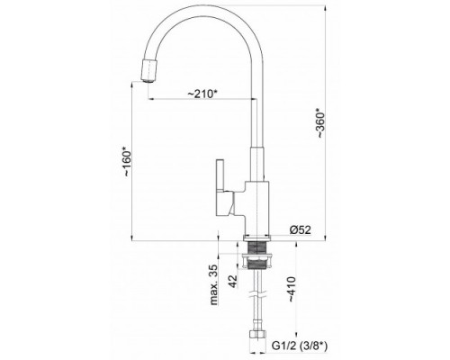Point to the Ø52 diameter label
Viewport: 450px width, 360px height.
click(x=301, y=229)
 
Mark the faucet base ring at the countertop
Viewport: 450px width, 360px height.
click(x=259, y=237)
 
